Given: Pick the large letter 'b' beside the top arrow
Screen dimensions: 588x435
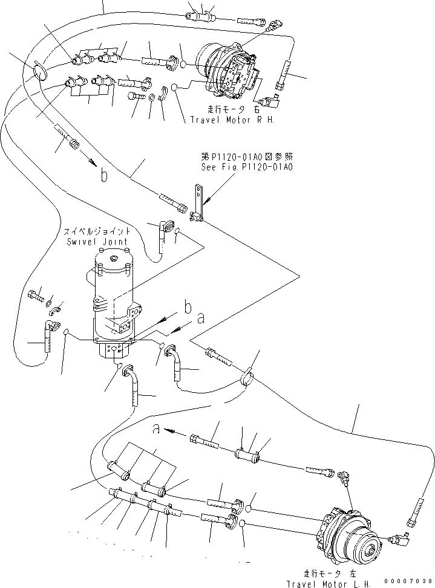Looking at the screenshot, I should point(105,175).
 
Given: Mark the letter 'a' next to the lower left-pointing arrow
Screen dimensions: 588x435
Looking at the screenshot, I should point(157,429).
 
